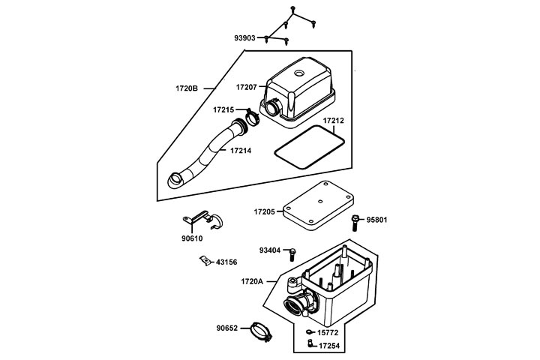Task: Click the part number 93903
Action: (x=245, y=37)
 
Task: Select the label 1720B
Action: (x=186, y=88)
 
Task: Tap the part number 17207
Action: (x=248, y=88)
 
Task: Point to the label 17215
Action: (x=225, y=109)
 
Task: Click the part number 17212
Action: (x=334, y=120)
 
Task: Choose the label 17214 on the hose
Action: (x=240, y=151)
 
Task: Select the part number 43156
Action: (x=226, y=262)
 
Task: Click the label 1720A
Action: (x=252, y=281)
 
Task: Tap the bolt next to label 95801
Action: (x=354, y=221)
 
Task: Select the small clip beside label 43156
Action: (x=203, y=261)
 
